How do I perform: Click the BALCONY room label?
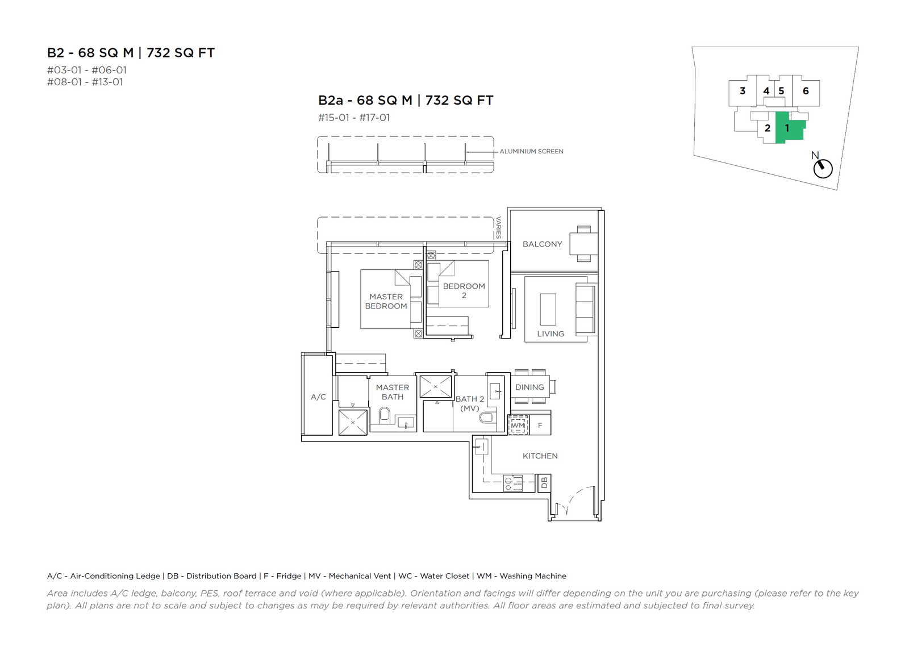pyautogui.click(x=542, y=244)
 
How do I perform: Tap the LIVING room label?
pyautogui.click(x=551, y=334)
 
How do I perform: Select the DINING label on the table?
pyautogui.click(x=529, y=387)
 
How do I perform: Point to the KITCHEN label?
pyautogui.click(x=540, y=456)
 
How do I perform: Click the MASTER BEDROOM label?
pyautogui.click(x=386, y=302)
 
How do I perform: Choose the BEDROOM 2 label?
pyautogui.click(x=464, y=291)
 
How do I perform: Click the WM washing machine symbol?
pyautogui.click(x=518, y=425)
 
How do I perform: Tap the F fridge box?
pyautogui.click(x=540, y=425)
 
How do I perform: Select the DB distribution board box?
pyautogui.click(x=544, y=483)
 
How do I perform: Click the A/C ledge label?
pyautogui.click(x=318, y=397)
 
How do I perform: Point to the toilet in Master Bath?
pyautogui.click(x=384, y=416)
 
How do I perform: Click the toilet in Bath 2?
pyautogui.click(x=486, y=418)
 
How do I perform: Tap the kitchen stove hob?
pyautogui.click(x=513, y=483)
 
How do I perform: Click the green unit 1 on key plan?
pyautogui.click(x=789, y=127)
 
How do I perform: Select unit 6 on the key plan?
pyautogui.click(x=806, y=91)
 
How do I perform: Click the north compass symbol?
pyautogui.click(x=823, y=168)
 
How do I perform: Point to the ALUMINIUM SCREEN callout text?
pyautogui.click(x=531, y=151)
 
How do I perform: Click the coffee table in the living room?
pyautogui.click(x=548, y=309)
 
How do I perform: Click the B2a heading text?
pyautogui.click(x=406, y=100)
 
